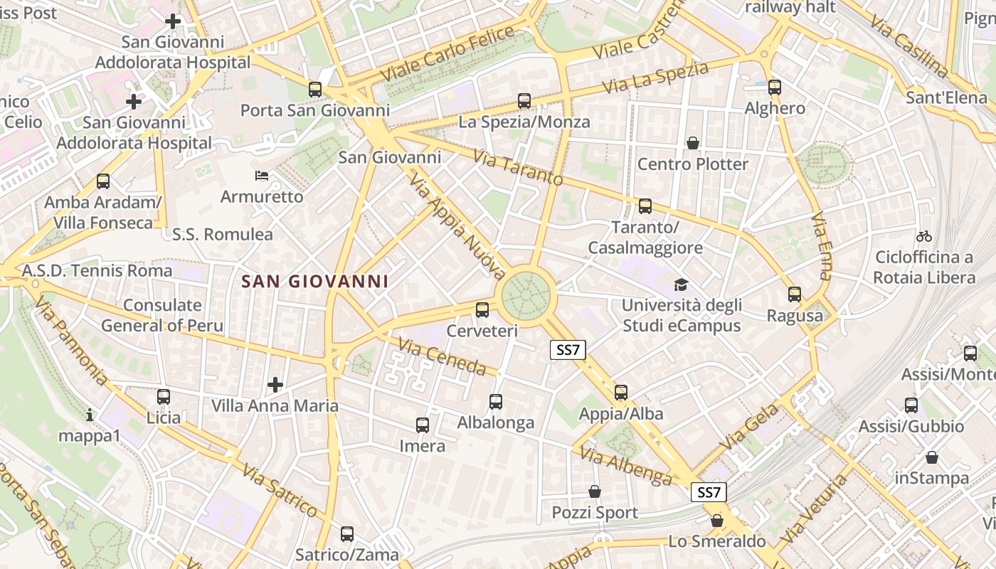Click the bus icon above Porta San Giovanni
(x=314, y=90)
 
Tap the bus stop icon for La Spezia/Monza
(x=524, y=101)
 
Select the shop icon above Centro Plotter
(x=692, y=144)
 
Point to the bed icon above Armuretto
(x=262, y=175)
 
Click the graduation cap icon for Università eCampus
(x=681, y=285)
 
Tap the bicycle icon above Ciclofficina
(x=923, y=236)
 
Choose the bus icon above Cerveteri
(x=482, y=309)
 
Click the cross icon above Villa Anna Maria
(x=275, y=385)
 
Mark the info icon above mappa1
(x=90, y=414)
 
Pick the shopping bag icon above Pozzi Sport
(x=595, y=491)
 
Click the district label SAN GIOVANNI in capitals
(x=314, y=282)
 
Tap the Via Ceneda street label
(x=442, y=356)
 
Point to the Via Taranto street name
(x=517, y=169)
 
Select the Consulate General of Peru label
(x=162, y=316)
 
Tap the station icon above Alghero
(x=774, y=87)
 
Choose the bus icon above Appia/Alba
(x=621, y=393)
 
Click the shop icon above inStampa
(x=931, y=457)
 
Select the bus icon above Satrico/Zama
(x=347, y=533)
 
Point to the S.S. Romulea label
(x=223, y=234)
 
